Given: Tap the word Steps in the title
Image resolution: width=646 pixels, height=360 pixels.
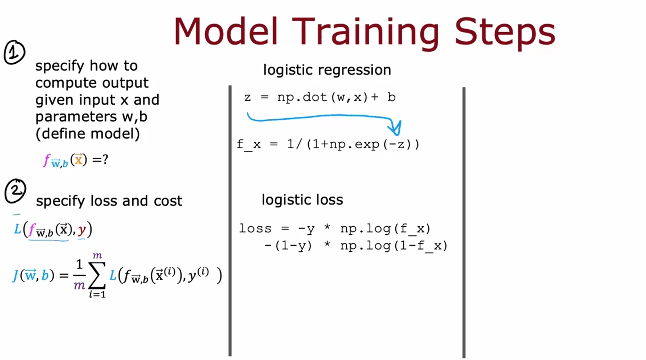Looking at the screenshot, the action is coord(505,33).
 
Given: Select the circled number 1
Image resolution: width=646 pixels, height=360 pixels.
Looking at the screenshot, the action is coord(14,52).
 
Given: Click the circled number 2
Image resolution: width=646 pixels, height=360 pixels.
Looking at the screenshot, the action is coord(15,191).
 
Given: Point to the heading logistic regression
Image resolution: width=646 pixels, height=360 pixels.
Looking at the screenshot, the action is coord(327,70).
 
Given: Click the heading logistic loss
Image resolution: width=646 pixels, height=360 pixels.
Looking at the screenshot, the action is coord(302,200).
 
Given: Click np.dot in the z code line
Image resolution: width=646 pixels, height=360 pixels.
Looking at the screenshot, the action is coord(302,97).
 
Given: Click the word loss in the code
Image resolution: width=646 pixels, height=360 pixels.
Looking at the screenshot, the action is coord(255,229).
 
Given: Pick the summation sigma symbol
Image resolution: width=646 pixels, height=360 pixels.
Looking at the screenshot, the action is coord(97,275).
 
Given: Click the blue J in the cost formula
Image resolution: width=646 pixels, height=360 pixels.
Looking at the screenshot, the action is coord(15,275).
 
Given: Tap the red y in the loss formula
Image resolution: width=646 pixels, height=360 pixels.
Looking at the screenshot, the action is coord(82,230).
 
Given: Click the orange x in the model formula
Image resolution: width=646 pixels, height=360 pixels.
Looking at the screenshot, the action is coord(78,159).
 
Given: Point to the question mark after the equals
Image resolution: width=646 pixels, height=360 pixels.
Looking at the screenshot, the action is coord(105,159).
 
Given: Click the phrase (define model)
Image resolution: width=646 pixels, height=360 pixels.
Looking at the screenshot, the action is coord(87,134).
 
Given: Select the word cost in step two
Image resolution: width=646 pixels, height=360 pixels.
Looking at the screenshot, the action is coord(168,201).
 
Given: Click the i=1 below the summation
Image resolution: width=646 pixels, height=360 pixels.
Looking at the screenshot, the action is coord(98,294).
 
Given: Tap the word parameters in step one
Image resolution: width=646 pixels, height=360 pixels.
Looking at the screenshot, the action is coord(76,117).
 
